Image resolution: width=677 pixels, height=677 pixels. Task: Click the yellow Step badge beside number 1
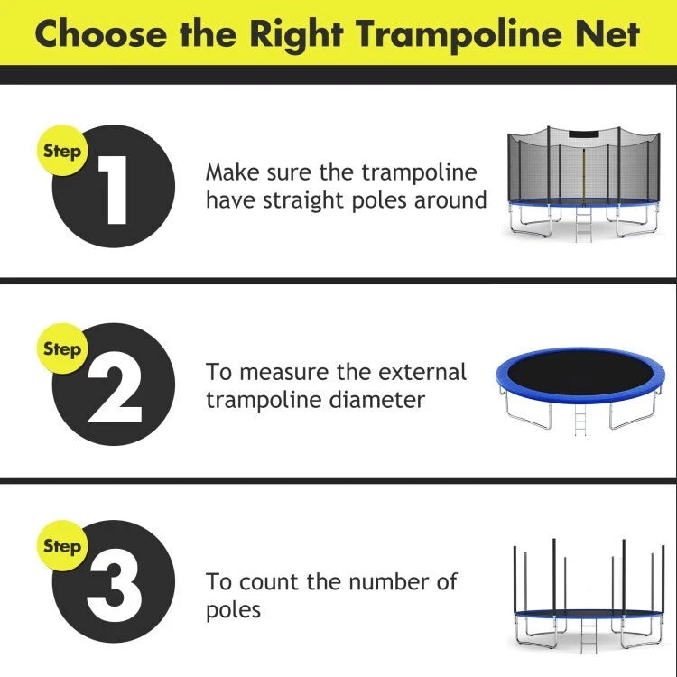[x=61, y=152]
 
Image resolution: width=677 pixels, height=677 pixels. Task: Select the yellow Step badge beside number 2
[x=61, y=348]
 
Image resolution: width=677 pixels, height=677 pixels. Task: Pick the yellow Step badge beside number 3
[x=61, y=545]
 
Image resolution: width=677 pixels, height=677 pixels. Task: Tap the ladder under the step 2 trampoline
[x=580, y=417]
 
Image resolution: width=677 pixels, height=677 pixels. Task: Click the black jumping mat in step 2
[x=585, y=372]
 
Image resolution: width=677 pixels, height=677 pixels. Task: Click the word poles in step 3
[x=233, y=610]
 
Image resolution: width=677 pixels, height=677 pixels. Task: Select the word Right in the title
[x=297, y=33]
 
